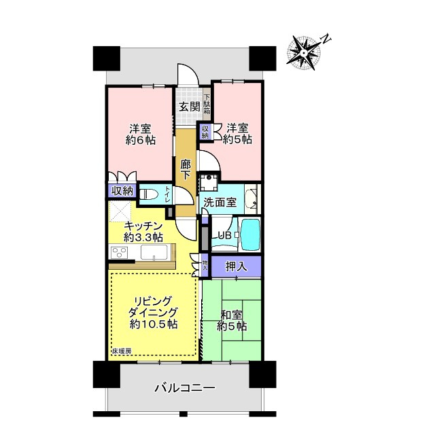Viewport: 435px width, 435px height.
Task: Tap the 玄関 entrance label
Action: (x=190, y=106)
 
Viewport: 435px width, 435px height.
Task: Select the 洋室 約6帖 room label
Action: (x=141, y=134)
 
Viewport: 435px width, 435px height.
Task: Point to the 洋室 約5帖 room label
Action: (x=239, y=133)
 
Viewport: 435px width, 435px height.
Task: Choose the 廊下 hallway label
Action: (x=186, y=168)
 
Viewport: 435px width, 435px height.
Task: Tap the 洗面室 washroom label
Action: (x=220, y=202)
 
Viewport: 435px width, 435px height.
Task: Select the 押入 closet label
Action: (x=236, y=266)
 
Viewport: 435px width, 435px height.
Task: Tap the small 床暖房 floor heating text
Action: (x=123, y=351)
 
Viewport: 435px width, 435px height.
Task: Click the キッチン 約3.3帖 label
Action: (x=143, y=231)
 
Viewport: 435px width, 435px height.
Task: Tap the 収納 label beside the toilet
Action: (x=122, y=191)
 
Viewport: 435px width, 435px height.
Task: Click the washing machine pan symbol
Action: (x=208, y=182)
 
